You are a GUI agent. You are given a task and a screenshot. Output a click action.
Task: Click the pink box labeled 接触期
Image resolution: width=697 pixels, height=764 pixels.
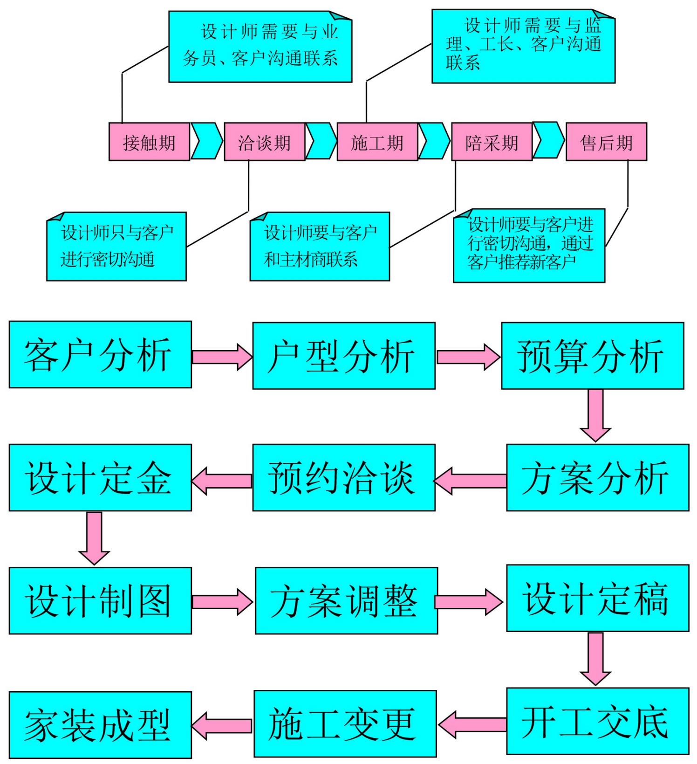tap(149, 142)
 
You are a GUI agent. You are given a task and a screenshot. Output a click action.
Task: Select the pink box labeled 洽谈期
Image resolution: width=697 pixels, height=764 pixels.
tap(264, 142)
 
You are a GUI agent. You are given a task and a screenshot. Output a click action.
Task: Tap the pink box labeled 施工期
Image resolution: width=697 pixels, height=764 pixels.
tap(377, 142)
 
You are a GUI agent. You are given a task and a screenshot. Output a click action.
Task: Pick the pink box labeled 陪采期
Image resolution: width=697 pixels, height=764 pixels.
tap(492, 142)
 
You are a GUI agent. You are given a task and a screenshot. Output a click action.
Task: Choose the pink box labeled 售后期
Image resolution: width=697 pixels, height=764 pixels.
tap(606, 142)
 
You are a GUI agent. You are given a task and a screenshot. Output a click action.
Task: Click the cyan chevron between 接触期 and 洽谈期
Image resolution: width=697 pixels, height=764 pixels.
tap(207, 141)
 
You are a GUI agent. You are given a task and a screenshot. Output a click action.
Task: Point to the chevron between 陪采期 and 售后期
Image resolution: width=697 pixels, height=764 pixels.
tap(548, 140)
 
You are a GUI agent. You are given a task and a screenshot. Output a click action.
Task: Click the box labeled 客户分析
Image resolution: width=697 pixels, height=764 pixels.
tap(100, 354)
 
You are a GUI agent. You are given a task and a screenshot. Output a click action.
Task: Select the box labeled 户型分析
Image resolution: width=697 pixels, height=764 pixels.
tap(344, 356)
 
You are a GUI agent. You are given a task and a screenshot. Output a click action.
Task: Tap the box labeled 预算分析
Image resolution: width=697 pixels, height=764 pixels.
tap(592, 356)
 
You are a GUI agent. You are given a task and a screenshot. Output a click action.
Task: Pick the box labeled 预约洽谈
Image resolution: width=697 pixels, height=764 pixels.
tap(344, 477)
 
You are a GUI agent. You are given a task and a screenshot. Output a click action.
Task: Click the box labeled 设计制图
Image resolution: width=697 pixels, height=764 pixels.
tap(100, 600)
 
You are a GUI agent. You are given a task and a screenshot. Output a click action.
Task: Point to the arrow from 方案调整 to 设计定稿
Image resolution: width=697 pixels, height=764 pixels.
tap(468, 601)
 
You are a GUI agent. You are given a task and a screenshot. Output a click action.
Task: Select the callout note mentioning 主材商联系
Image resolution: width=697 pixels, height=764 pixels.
tap(320, 247)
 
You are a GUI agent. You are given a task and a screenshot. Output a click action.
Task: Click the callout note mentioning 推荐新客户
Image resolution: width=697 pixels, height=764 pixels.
tap(529, 246)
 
